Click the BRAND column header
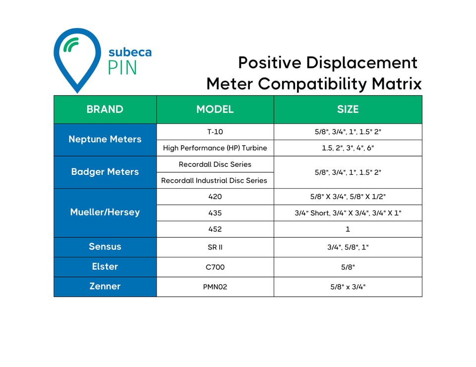pos(105,109)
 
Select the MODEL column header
pos(215,109)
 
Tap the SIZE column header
pos(348,109)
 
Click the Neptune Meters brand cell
pos(105,140)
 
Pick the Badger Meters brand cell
pos(105,172)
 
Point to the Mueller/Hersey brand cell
pos(105,212)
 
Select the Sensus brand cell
pos(105,247)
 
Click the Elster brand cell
pos(105,266)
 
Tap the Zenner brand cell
pos(105,286)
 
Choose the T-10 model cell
pos(215,132)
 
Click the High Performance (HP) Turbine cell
pos(215,148)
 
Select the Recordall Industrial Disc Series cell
pos(214,181)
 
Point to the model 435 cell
pos(215,213)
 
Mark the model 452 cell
pos(215,229)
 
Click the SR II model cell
pos(215,247)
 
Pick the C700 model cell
pos(215,267)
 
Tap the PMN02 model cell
pos(215,287)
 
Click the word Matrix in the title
pos(396,84)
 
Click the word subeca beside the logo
pos(130,52)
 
